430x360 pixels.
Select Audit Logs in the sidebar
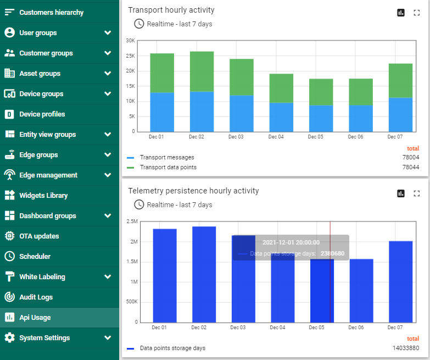[x=36, y=297]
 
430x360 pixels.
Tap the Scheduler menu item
[x=35, y=257]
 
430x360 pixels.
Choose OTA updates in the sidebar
[x=38, y=236]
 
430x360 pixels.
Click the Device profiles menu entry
[x=42, y=114]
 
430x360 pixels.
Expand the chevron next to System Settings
[x=108, y=338]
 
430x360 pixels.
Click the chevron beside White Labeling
[x=108, y=277]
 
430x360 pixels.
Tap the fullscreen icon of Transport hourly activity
[x=416, y=13]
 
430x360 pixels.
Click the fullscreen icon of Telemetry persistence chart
[x=416, y=193]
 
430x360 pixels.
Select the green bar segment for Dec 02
[x=202, y=71]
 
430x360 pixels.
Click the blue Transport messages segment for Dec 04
[x=281, y=117]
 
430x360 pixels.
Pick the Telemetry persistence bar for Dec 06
[x=361, y=290]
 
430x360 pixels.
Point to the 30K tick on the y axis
[x=130, y=41]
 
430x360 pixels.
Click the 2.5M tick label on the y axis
[x=132, y=221]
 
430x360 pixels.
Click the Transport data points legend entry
[x=168, y=167]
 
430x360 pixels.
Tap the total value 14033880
[x=405, y=348]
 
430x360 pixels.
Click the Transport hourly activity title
[x=171, y=10]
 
